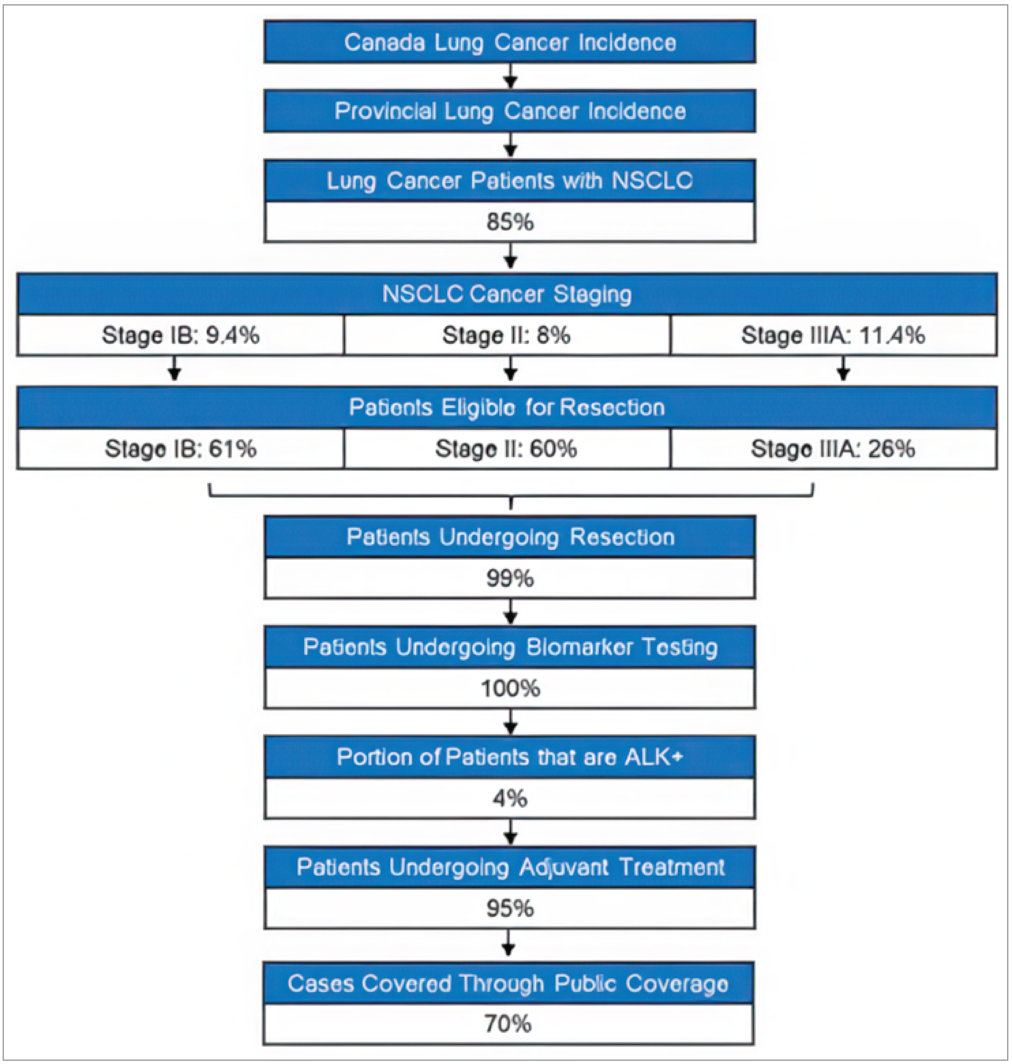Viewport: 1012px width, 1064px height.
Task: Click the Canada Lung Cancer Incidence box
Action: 509,42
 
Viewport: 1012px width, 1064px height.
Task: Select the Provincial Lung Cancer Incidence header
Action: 509,111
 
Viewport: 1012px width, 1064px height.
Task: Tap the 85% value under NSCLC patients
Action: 509,222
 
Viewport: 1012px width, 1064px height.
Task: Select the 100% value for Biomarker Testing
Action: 509,688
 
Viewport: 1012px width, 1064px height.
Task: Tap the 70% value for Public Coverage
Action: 508,1024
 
